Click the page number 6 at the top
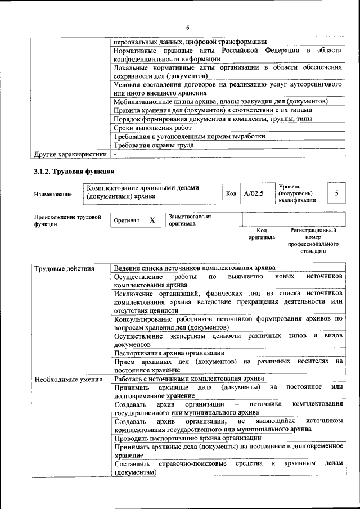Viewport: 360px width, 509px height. [x=188, y=28]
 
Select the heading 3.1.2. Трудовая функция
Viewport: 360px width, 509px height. [x=74, y=171]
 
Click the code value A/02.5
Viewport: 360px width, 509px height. [x=253, y=193]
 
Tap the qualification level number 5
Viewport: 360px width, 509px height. [x=336, y=193]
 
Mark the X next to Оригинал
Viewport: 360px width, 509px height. [x=152, y=220]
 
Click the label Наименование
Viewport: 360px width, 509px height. [x=53, y=195]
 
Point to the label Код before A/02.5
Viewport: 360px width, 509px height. [x=231, y=194]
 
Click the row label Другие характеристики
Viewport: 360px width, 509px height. [x=70, y=154]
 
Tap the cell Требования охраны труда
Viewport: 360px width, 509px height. [x=154, y=145]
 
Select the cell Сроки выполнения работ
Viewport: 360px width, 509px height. [x=148, y=128]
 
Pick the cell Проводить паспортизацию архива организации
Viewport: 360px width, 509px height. [x=187, y=438]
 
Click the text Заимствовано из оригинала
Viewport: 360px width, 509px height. [x=190, y=219]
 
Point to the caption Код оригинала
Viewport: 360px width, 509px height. [x=261, y=233]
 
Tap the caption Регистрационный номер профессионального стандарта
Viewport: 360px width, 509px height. [x=313, y=241]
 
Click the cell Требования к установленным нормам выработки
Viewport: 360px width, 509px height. [x=189, y=136]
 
